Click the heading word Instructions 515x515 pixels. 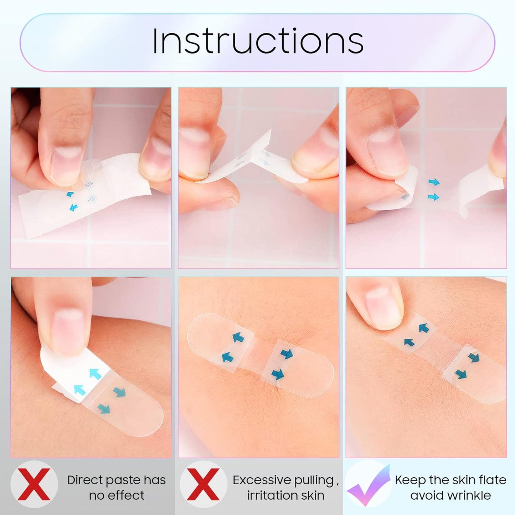[x=257, y=41]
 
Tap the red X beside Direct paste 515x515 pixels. [x=34, y=485]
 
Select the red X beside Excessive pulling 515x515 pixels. [x=203, y=485]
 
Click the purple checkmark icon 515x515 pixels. [x=367, y=485]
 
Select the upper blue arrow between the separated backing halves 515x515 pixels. [x=434, y=182]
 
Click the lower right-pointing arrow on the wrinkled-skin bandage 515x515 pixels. [x=278, y=374]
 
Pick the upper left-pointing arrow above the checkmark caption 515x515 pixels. [x=423, y=328]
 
